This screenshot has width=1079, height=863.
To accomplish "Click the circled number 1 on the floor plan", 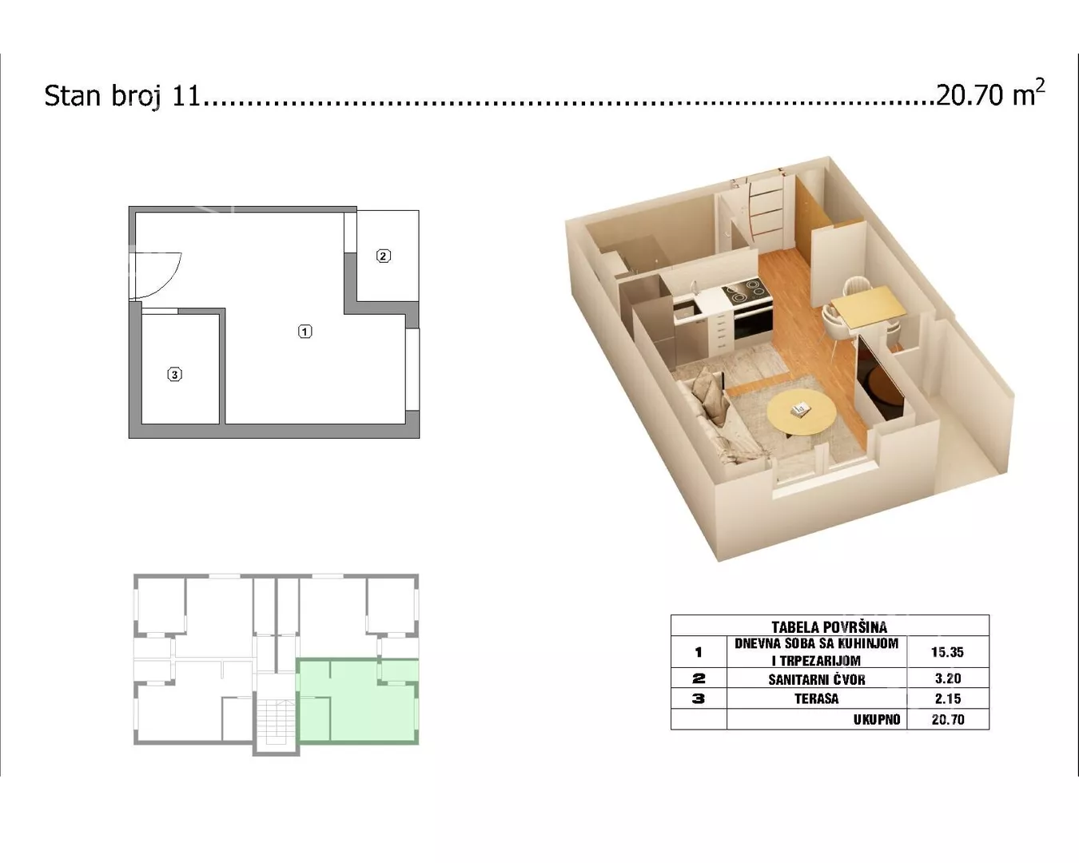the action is click(305, 332).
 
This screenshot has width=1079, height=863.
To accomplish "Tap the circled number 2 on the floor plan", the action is click(383, 257).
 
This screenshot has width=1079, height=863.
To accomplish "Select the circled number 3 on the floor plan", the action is click(174, 375).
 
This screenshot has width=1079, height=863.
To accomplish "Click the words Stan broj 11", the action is click(122, 95).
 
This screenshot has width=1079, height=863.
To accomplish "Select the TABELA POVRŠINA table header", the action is click(830, 626).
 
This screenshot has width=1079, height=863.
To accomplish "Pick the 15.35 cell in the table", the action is click(948, 652).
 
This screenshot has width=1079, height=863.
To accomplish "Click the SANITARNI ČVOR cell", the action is click(817, 679).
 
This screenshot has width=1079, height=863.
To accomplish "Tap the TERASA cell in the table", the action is click(817, 698).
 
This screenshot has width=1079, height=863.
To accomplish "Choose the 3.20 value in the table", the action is click(948, 678).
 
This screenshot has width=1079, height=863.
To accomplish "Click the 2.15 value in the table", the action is click(948, 698).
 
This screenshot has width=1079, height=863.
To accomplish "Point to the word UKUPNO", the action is click(877, 720).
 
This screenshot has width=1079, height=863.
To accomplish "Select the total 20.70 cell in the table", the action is click(948, 720).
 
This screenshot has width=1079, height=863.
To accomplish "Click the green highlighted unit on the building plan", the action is click(357, 701).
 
